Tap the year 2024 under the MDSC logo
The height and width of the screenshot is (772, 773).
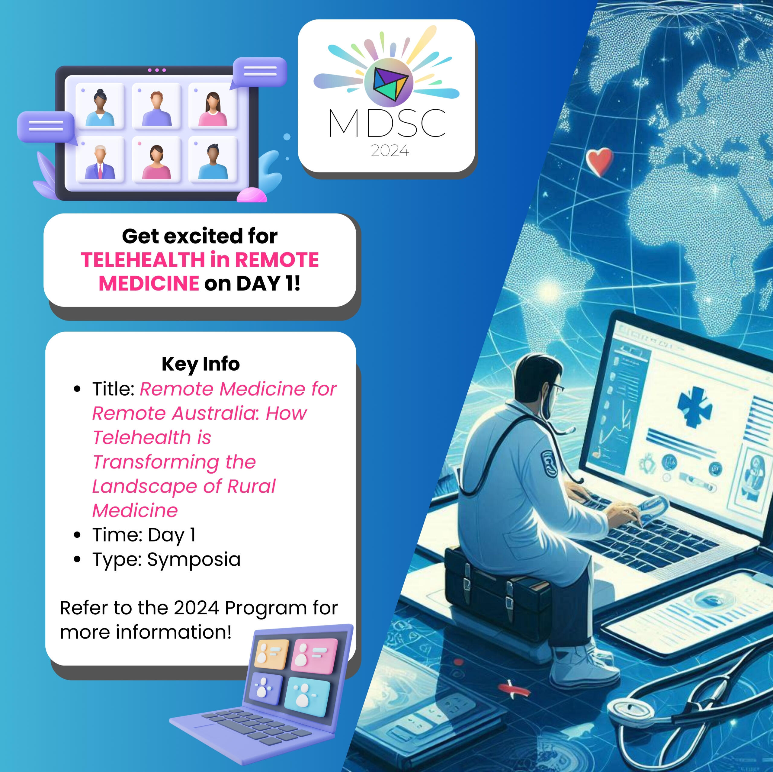390,151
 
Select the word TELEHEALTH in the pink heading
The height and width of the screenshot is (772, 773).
143,260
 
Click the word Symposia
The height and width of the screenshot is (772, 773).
194,559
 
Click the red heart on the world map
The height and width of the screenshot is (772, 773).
599,162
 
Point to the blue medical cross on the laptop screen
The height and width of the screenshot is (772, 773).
694,406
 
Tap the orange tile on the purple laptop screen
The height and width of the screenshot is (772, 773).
272,655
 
